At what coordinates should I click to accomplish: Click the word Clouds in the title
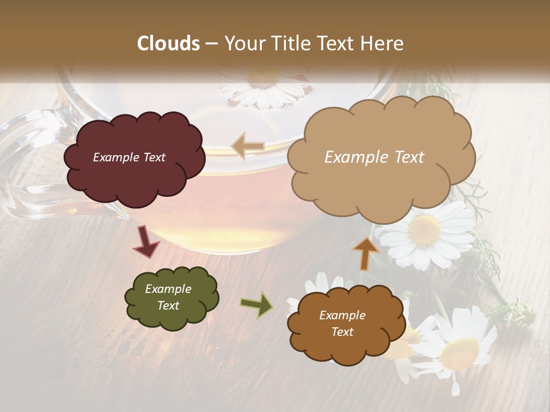pyautogui.click(x=169, y=43)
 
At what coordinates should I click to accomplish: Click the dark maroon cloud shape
pyautogui.click(x=133, y=172)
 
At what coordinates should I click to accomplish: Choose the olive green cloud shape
pyautogui.click(x=171, y=298)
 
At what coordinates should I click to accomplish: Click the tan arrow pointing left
pyautogui.click(x=247, y=146)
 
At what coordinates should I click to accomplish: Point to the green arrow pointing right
pyautogui.click(x=257, y=304)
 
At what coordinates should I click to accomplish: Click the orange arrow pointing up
pyautogui.click(x=366, y=252)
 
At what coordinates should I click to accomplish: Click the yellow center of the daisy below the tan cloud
pyautogui.click(x=425, y=229)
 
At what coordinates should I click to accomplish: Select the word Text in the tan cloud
pyautogui.click(x=407, y=157)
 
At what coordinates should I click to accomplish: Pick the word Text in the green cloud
pyautogui.click(x=168, y=306)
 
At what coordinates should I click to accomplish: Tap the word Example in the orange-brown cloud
pyautogui.click(x=342, y=315)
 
